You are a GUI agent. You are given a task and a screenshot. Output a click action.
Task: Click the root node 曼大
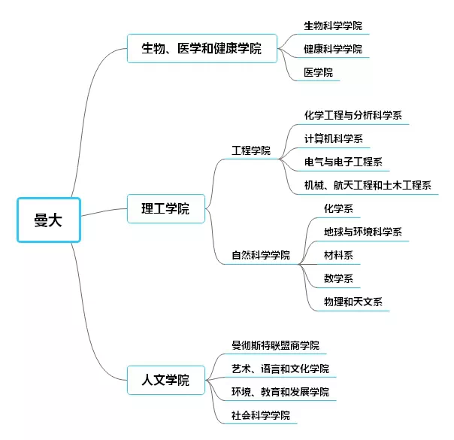(48, 220)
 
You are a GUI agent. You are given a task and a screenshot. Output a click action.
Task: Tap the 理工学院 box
(165, 208)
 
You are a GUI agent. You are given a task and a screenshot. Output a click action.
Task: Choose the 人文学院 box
(165, 380)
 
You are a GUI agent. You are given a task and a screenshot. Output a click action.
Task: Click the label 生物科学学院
(332, 26)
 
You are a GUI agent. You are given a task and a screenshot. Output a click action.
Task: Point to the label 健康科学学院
(332, 50)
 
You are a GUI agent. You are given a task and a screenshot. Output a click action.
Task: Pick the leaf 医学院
(317, 72)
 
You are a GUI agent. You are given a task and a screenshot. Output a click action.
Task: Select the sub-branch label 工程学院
(251, 151)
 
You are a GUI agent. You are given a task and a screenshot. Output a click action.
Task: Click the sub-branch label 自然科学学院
(261, 255)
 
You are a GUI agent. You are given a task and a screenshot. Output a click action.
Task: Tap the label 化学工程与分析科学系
(353, 116)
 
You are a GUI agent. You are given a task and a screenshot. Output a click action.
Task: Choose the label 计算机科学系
(333, 138)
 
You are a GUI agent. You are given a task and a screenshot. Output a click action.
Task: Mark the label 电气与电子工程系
(343, 162)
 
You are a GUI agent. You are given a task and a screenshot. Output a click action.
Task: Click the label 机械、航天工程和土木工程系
(367, 185)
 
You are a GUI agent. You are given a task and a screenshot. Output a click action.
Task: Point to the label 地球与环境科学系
(362, 232)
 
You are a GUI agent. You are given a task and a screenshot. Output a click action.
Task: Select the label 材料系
(337, 255)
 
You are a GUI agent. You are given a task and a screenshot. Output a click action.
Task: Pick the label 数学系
(337, 278)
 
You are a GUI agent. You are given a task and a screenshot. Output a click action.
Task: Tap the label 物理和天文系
(353, 302)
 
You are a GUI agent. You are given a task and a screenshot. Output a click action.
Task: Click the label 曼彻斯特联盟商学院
(275, 346)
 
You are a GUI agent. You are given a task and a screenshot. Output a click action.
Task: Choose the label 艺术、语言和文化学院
(280, 369)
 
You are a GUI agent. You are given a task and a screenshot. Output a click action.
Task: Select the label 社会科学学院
(261, 415)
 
